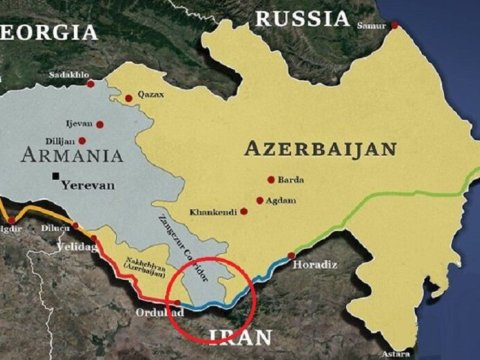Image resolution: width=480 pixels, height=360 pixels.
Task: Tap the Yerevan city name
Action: pyautogui.click(x=88, y=186)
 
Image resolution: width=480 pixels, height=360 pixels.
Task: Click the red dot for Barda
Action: pyautogui.click(x=270, y=180)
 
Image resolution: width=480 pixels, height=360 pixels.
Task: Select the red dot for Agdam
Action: pyautogui.click(x=260, y=201)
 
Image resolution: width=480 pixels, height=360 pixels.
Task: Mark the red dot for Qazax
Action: pyautogui.click(x=128, y=98)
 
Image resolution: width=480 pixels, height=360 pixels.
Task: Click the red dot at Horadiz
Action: pyautogui.click(x=291, y=255)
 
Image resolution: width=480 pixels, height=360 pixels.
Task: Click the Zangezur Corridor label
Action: pyautogui.click(x=182, y=238)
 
